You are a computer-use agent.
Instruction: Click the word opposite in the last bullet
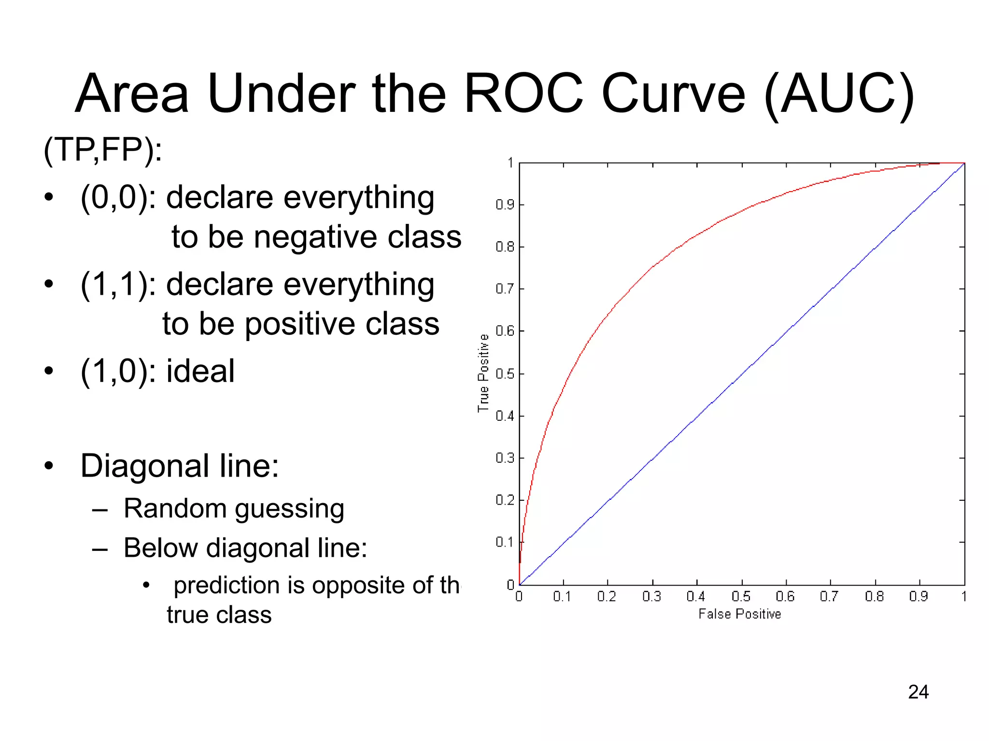358,586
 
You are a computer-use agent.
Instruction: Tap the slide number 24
918,692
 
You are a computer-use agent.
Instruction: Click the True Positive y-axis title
483,373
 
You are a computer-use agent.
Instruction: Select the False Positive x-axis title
739,614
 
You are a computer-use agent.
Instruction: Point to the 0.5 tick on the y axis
505,374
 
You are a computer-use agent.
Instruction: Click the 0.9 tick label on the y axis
505,205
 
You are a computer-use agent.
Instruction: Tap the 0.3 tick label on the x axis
651,597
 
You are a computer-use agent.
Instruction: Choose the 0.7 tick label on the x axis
829,597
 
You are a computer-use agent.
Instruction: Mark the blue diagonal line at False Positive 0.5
742,374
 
